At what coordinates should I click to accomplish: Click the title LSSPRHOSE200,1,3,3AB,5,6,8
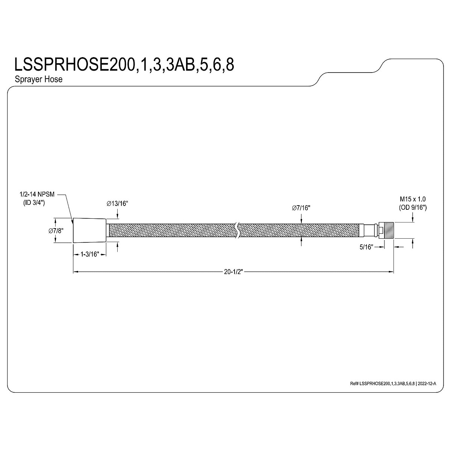click(124, 65)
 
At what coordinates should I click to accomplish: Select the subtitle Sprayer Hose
click(39, 79)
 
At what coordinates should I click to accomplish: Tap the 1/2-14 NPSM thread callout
click(37, 194)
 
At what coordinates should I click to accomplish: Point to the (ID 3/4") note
click(34, 203)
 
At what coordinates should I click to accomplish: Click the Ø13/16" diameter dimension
click(117, 204)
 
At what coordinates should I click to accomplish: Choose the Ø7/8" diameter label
click(56, 231)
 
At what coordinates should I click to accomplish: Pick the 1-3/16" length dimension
click(90, 254)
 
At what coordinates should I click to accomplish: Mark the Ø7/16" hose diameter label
click(301, 208)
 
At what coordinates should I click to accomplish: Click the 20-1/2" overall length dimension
click(233, 272)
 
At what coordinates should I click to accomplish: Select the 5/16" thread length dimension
click(366, 247)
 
